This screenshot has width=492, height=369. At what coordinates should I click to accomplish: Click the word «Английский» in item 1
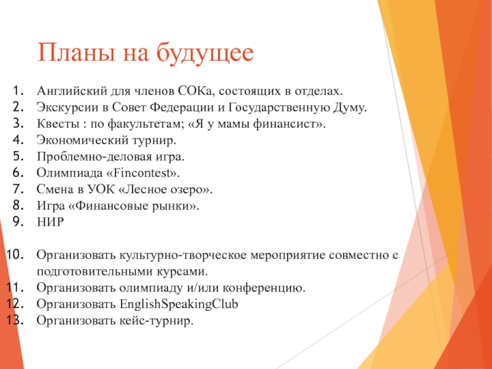pyautogui.click(x=72, y=91)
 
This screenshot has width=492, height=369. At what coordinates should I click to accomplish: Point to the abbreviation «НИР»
pyautogui.click(x=50, y=222)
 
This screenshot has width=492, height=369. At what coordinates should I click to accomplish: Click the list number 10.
pyautogui.click(x=15, y=255)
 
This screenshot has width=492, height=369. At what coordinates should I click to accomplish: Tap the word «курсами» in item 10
pyautogui.click(x=180, y=271)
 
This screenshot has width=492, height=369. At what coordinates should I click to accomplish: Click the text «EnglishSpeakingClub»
pyautogui.click(x=179, y=304)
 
